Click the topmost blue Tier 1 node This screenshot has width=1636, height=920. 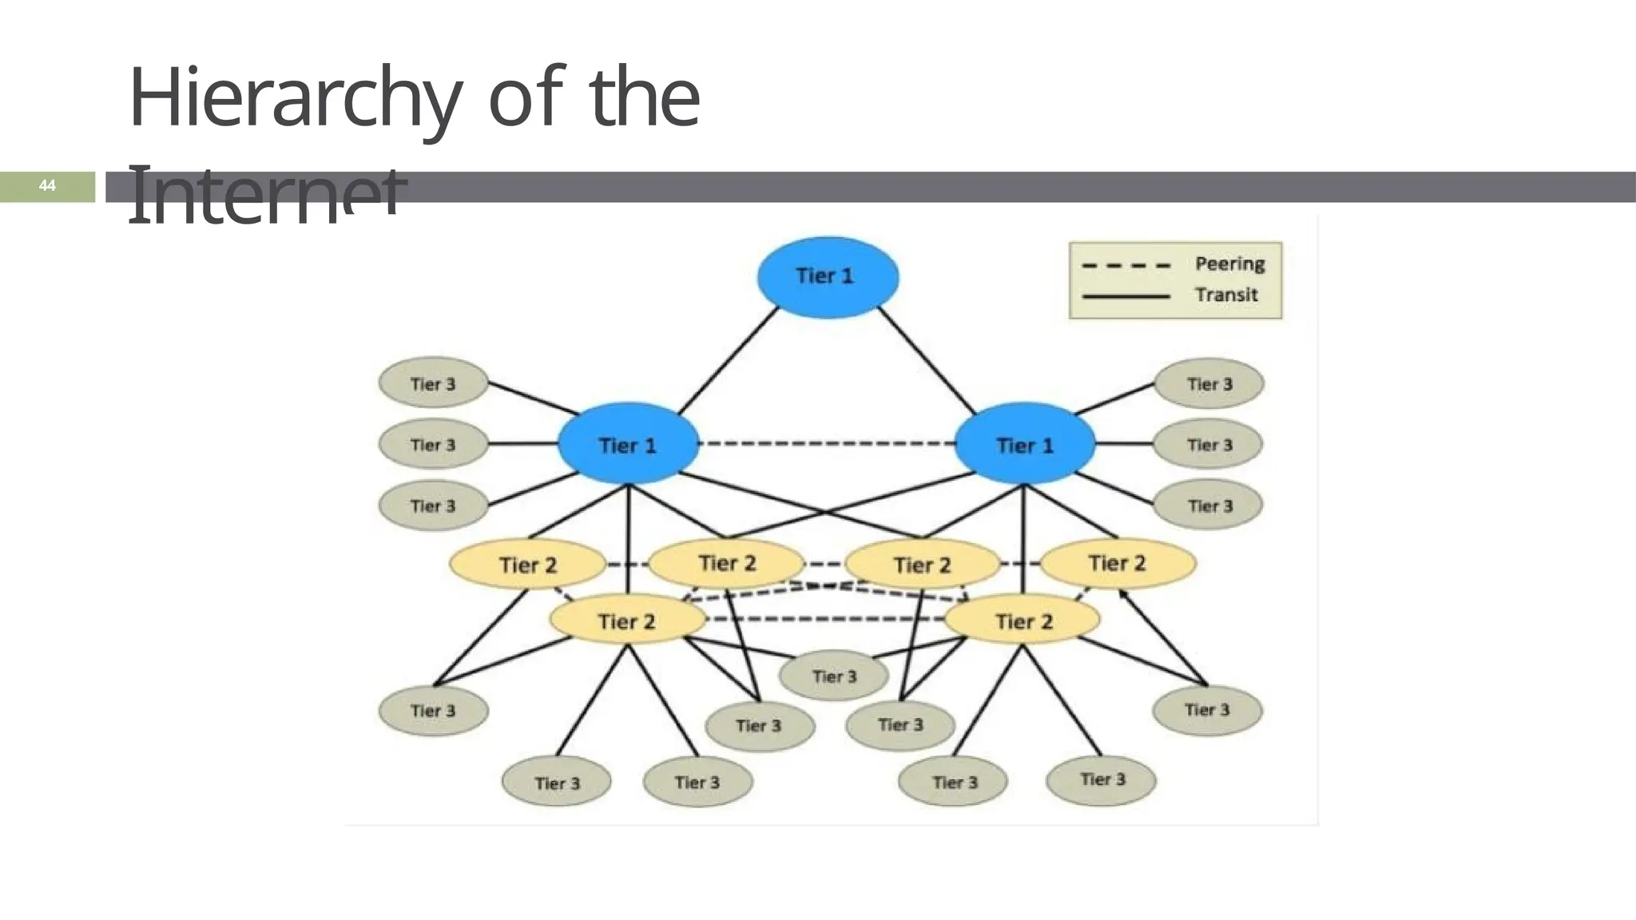tap(828, 276)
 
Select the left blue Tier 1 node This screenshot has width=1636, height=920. tap(628, 444)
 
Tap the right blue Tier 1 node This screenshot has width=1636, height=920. tap(1025, 444)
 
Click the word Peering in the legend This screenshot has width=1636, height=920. tap(1229, 264)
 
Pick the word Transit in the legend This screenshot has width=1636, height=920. tap(1226, 295)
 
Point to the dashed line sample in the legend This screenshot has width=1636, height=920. tap(1126, 265)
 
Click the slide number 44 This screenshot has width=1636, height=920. tap(47, 186)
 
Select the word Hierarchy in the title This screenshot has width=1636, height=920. tap(295, 97)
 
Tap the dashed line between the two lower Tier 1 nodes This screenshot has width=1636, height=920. tap(827, 443)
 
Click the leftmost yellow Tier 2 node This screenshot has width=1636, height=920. tap(527, 565)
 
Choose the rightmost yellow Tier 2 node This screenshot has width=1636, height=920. tap(1118, 563)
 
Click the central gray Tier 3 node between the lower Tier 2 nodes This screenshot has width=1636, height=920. tap(834, 676)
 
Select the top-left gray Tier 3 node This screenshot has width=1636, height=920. tap(433, 383)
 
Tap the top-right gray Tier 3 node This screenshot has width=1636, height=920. tap(1209, 383)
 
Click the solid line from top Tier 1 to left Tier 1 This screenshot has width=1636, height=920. tap(728, 360)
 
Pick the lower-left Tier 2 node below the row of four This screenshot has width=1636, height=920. tap(627, 621)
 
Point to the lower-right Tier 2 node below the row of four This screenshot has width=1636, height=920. tap(1023, 621)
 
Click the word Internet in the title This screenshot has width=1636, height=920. tap(267, 196)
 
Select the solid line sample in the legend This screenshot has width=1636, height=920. tap(1126, 296)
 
